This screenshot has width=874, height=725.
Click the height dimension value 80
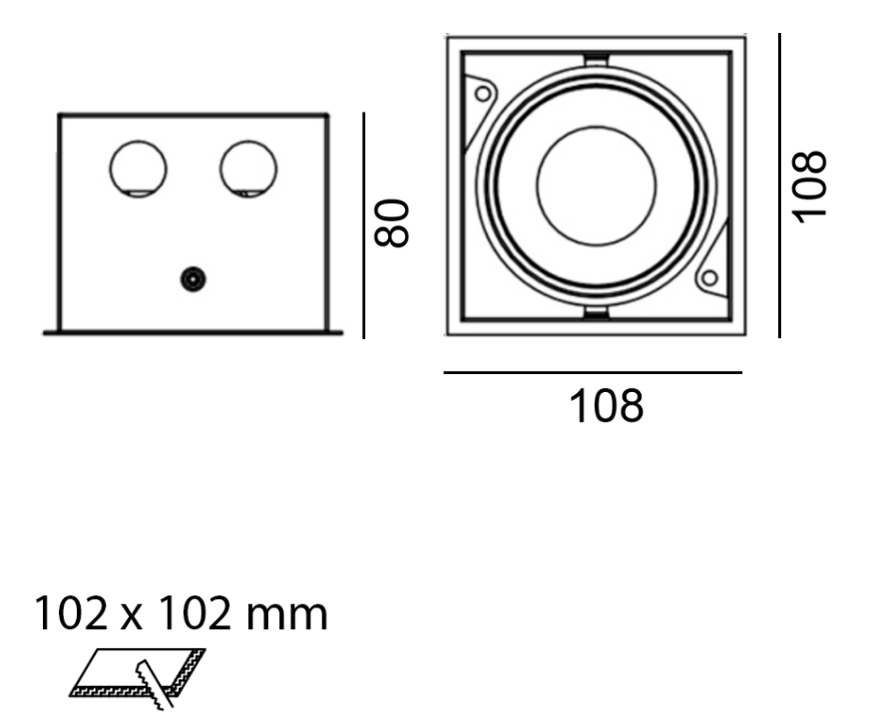[x=392, y=221]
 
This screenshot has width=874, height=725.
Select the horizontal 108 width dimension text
[x=606, y=406]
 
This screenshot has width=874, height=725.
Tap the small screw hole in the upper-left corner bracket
[x=484, y=94]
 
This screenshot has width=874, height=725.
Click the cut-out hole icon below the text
[x=140, y=678]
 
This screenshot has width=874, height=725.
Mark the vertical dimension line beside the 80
[x=364, y=224]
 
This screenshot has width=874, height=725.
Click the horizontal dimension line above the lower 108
[x=593, y=373]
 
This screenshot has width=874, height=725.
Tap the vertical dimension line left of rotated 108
[x=779, y=184]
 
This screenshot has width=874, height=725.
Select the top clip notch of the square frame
[x=595, y=56]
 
